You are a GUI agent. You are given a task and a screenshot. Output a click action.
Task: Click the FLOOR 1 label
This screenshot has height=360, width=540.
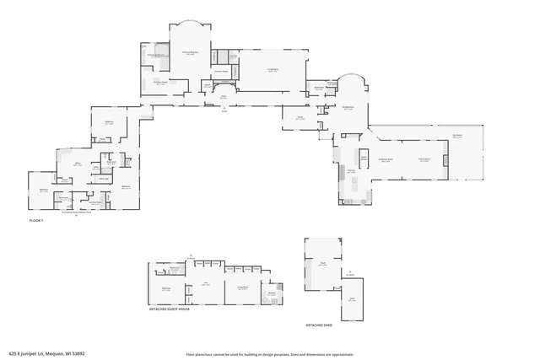click(x=35, y=220)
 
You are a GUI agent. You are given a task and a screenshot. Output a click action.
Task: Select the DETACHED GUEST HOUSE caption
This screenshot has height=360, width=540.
click(x=169, y=309)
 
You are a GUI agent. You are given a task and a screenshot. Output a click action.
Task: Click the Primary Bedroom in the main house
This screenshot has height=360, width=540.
click(x=191, y=52)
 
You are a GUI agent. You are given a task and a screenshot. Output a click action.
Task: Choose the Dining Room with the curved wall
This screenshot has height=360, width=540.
click(x=348, y=108)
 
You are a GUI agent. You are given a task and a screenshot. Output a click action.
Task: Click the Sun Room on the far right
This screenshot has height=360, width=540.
click(x=457, y=136)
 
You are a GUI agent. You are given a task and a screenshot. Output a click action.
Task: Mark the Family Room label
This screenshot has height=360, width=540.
click(x=425, y=159)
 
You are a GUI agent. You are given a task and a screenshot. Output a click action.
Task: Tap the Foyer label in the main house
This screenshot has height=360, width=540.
click(x=224, y=97)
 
